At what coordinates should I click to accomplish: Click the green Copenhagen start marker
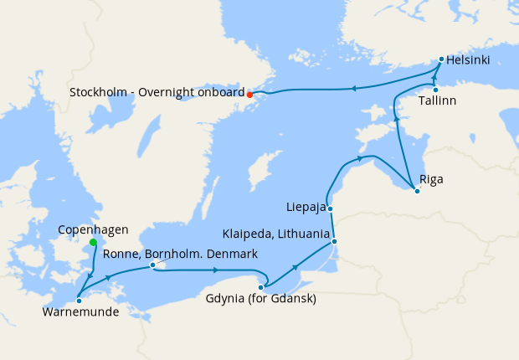pos(93,243)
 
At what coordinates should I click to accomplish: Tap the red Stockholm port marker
pos(249,95)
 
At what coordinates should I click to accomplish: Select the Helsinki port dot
pos(441,59)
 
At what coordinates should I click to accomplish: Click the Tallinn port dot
pos(435,90)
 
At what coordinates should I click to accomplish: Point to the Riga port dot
pos(417,191)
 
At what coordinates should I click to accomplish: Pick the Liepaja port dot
pos(331,208)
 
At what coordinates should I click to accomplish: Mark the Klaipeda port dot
pos(334,241)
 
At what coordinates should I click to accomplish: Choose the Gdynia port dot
pos(261,287)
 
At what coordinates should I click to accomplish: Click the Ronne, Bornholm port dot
pos(152,265)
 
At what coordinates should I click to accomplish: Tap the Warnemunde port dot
pos(78,299)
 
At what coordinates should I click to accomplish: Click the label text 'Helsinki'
pos(469,60)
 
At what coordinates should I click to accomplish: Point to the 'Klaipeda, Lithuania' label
pos(276,234)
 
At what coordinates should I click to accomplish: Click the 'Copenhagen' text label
pos(93,229)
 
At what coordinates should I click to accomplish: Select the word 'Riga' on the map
pos(432,179)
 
